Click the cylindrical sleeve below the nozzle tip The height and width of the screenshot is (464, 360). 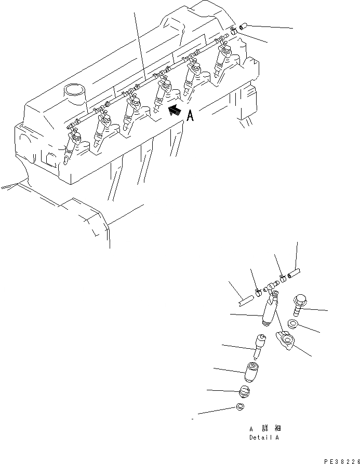(x=252, y=372)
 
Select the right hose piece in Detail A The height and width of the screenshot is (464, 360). (x=294, y=272)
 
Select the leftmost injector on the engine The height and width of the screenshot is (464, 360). (x=71, y=147)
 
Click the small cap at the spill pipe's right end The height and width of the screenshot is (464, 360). (x=243, y=25)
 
